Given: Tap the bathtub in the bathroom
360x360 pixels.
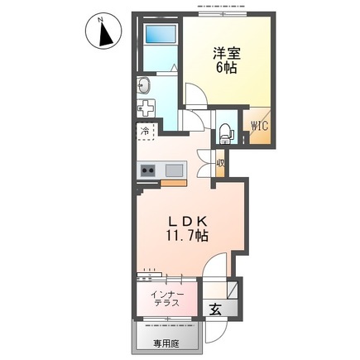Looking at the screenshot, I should click(x=158, y=36).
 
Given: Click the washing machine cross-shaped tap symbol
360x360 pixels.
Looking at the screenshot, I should click(x=146, y=108).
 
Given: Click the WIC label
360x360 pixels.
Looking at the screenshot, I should click(x=260, y=127).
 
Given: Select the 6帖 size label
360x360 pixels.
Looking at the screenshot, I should click(x=226, y=69).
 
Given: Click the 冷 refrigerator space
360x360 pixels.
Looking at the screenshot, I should click(x=146, y=132).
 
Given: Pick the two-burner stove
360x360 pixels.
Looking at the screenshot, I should click(x=149, y=170).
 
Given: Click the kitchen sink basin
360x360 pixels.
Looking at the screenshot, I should click(x=175, y=170).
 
